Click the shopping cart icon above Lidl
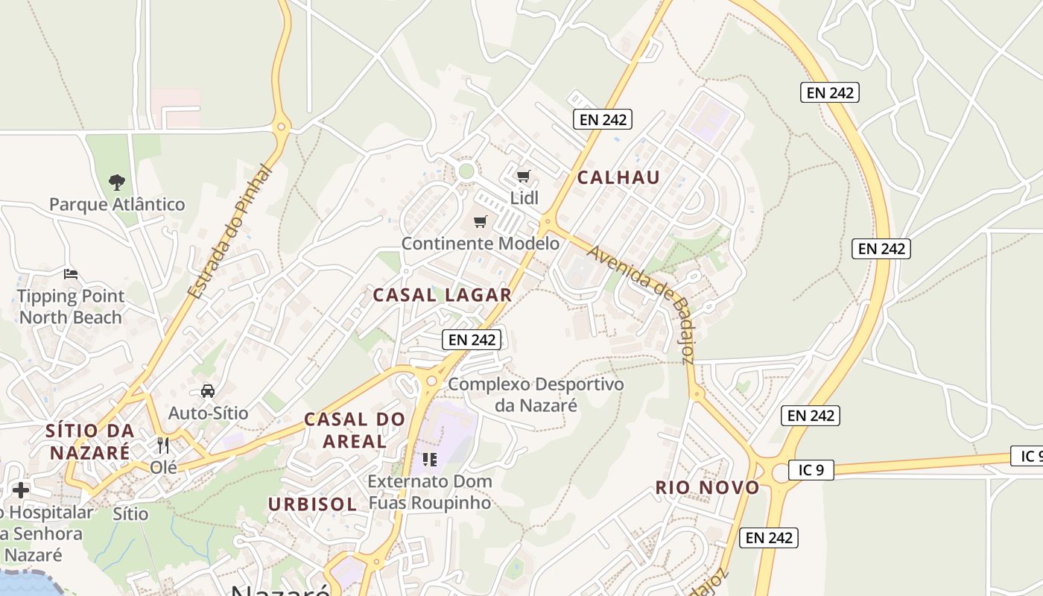[x=524, y=177]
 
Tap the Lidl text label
[x=524, y=198]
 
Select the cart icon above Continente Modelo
[x=481, y=222]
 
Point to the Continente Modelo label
[x=481, y=244]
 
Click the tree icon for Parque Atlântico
[x=117, y=182]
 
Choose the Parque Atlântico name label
[x=117, y=204]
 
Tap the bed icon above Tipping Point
[x=71, y=274]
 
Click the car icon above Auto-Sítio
[x=208, y=390]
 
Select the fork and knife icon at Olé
[x=163, y=446]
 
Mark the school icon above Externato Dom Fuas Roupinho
[x=430, y=459]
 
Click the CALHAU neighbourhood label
[x=618, y=177]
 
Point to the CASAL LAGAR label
[x=443, y=295]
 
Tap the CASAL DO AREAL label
[x=355, y=430]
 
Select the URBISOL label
[x=312, y=504]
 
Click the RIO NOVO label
[x=707, y=488]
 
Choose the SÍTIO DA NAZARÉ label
[x=90, y=441]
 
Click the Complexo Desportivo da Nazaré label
[x=536, y=395]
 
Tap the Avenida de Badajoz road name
[x=641, y=302]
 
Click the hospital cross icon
[x=21, y=490]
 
